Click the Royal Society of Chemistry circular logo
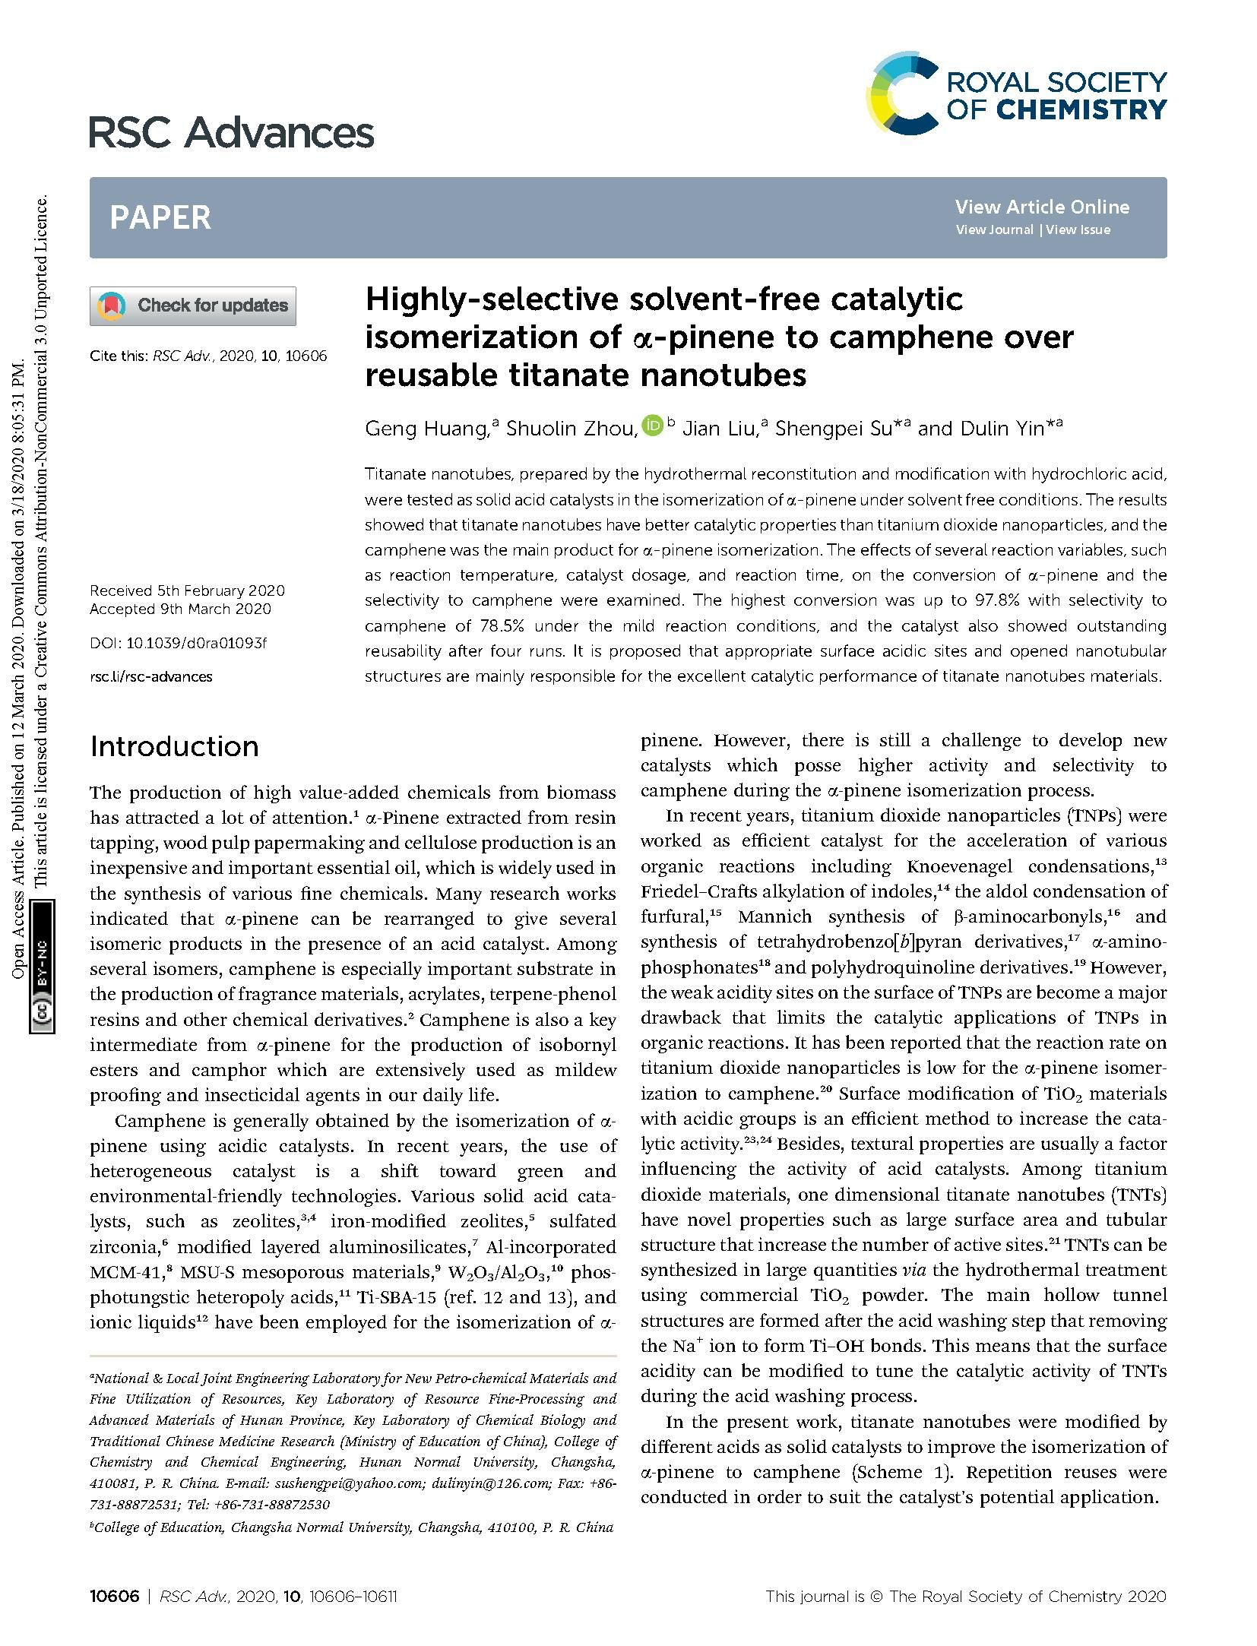pyautogui.click(x=901, y=94)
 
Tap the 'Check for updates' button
pyautogui.click(x=193, y=305)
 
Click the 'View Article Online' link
pyautogui.click(x=1041, y=207)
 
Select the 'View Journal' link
pyautogui.click(x=994, y=229)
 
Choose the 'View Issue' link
pyautogui.click(x=1078, y=229)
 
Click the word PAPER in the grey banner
pyautogui.click(x=160, y=218)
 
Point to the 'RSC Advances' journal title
pyautogui.click(x=232, y=133)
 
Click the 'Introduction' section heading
pyautogui.click(x=174, y=746)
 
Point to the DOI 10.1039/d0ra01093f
pyautogui.click(x=179, y=643)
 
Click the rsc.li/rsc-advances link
pyautogui.click(x=151, y=676)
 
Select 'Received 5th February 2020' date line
pyautogui.click(x=187, y=590)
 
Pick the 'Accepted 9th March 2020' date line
pyautogui.click(x=180, y=609)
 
